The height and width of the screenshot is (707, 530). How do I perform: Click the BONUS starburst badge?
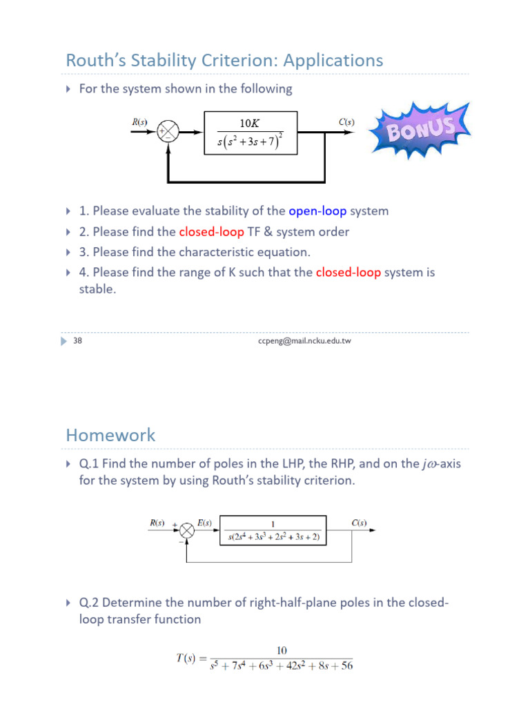420,128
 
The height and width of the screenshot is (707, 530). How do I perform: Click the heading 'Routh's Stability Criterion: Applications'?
224,61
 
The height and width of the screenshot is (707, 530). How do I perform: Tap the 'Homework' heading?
110,436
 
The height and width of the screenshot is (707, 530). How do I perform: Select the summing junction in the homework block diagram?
186,530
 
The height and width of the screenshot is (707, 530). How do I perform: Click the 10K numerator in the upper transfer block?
249,123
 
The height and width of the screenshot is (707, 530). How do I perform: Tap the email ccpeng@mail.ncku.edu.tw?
304,340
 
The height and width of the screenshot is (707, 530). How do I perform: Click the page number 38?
77,340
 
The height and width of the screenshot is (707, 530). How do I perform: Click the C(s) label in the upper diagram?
346,122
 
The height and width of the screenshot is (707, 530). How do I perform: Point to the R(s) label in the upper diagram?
139,122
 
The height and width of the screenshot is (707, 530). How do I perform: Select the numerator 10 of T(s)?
282,650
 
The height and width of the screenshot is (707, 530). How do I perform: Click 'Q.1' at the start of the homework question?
90,464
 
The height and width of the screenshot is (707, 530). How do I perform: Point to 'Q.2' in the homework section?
90,603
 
